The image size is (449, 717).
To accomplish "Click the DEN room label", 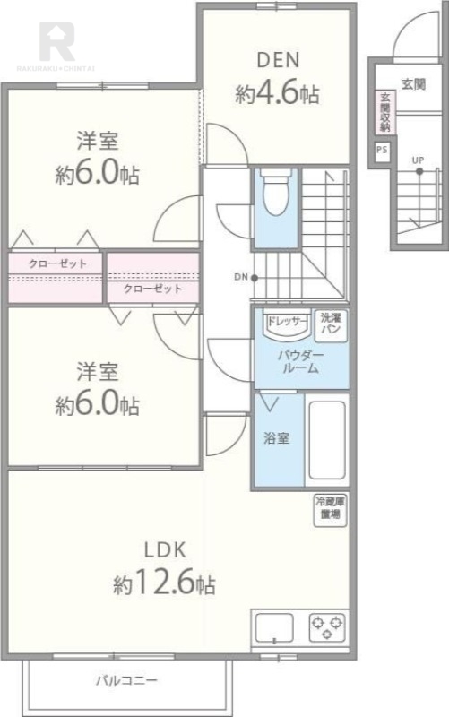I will (x=278, y=61).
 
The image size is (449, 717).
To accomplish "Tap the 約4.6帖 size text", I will (x=278, y=93).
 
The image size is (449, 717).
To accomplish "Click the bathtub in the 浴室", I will (x=326, y=441).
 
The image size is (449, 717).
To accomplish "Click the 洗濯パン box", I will (x=330, y=324).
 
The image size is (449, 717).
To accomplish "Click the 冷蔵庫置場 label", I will (x=328, y=509).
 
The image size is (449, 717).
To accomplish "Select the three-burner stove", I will (x=327, y=626).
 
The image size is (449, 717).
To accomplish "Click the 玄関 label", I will (x=413, y=84).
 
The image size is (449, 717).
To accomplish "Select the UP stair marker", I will (x=418, y=161).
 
